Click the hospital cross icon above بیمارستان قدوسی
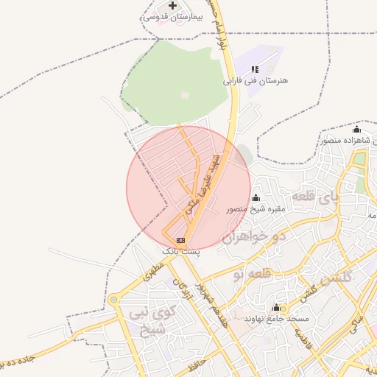pyautogui.click(x=172, y=6)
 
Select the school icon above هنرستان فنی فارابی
pyautogui.click(x=255, y=69)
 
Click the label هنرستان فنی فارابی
pyautogui.click(x=255, y=80)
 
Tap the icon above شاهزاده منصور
pyautogui.click(x=357, y=129)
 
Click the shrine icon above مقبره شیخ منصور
pyautogui.click(x=256, y=197)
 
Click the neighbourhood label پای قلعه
pyautogui.click(x=317, y=197)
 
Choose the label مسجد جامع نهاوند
pyautogui.click(x=277, y=319)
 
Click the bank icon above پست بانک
pyautogui.click(x=180, y=240)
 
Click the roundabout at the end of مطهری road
pyautogui.click(x=114, y=299)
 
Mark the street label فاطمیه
pyautogui.click(x=303, y=341)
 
